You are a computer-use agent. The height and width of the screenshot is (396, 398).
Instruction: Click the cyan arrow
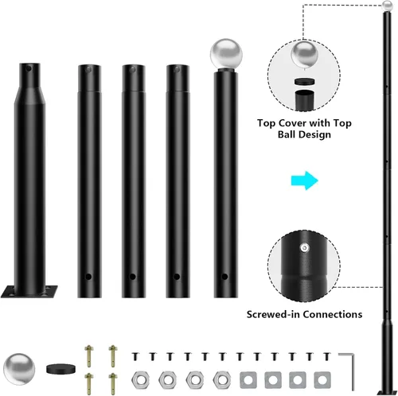pyautogui.click(x=305, y=181)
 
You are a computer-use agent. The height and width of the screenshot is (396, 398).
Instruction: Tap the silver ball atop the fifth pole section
pyautogui.click(x=226, y=54)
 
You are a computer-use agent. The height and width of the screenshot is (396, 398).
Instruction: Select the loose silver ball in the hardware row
pyautogui.click(x=19, y=369)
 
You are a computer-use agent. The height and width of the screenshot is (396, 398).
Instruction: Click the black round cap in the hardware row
pyautogui.click(x=60, y=369)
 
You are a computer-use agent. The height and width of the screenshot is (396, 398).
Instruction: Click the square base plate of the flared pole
pyautogui.click(x=29, y=291)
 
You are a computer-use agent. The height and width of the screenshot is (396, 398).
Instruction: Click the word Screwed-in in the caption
pyautogui.click(x=274, y=314)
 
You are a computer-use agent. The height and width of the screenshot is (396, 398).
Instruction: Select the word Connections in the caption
pyautogui.click(x=333, y=314)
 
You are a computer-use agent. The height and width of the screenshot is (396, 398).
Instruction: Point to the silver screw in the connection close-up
pyautogui.click(x=305, y=248)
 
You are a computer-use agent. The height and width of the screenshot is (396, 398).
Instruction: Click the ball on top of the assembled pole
pyautogui.click(x=388, y=6)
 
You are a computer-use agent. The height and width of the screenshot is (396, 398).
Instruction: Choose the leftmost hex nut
pyautogui.click(x=140, y=379)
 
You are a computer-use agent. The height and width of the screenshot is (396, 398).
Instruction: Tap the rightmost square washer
pyautogui.click(x=322, y=380)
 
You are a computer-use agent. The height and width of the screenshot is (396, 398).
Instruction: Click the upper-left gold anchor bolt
pyautogui.click(x=89, y=356)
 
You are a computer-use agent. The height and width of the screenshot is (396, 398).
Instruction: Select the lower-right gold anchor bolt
pyautogui.click(x=113, y=384)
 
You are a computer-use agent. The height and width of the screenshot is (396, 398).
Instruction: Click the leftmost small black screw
pyautogui.click(x=135, y=356)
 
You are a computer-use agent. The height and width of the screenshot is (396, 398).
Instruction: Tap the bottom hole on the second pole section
pyautogui.click(x=88, y=277)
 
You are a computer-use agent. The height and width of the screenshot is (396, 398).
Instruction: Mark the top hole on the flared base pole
pyautogui.click(x=29, y=69)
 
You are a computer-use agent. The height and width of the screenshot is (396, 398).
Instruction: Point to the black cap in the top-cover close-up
pyautogui.click(x=305, y=81)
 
